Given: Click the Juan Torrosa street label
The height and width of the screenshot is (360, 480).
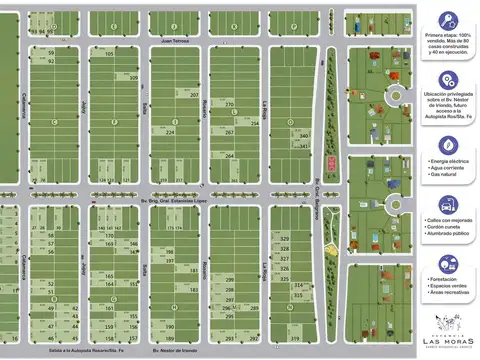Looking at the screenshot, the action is coord(174,42).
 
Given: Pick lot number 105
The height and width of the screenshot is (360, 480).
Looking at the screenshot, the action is coord(108,53).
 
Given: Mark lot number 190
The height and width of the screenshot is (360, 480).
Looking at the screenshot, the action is coord(170,327).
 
